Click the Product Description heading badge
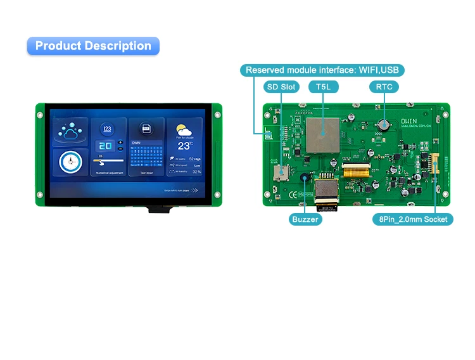pos(93,46)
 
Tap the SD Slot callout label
pos(281,86)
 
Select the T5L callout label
pos(323,86)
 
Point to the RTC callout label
pos(384,86)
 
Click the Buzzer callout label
pos(305,219)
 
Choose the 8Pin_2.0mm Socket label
pos(412,219)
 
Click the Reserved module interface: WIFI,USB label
pos(323,70)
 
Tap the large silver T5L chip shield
pos(323,134)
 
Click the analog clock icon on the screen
pos(70,163)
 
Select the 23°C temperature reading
pos(184,145)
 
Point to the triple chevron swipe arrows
pos(194,190)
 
